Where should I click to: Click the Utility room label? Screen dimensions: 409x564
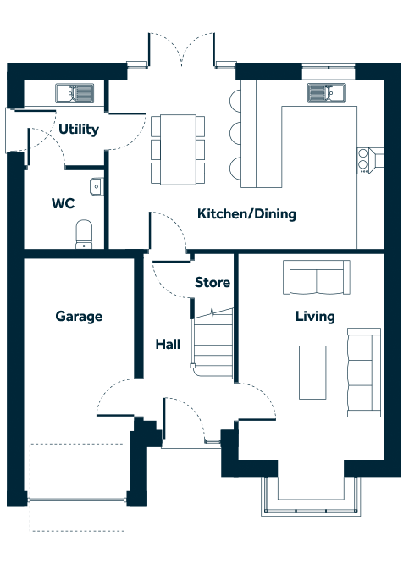click(79, 130)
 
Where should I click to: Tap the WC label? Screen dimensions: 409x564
click(63, 203)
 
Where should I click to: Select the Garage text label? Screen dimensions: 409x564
click(79, 317)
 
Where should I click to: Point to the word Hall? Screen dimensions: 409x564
click(168, 345)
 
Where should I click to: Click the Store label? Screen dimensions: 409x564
click(213, 282)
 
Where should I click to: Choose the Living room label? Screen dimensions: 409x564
click(315, 317)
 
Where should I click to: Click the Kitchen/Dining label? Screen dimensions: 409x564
click(246, 214)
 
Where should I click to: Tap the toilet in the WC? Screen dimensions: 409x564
click(84, 235)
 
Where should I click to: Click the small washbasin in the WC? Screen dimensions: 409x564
click(97, 186)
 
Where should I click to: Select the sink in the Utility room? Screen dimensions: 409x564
click(75, 93)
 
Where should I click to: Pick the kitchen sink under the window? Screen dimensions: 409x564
click(327, 93)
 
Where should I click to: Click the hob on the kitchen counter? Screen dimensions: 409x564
click(370, 161)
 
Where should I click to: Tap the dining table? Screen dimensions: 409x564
click(178, 150)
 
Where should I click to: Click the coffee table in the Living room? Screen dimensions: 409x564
click(312, 373)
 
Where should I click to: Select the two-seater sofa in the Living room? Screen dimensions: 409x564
click(317, 277)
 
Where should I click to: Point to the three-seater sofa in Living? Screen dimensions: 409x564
click(364, 373)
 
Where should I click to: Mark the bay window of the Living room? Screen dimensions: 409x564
click(311, 496)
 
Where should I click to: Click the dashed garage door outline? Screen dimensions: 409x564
click(77, 488)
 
